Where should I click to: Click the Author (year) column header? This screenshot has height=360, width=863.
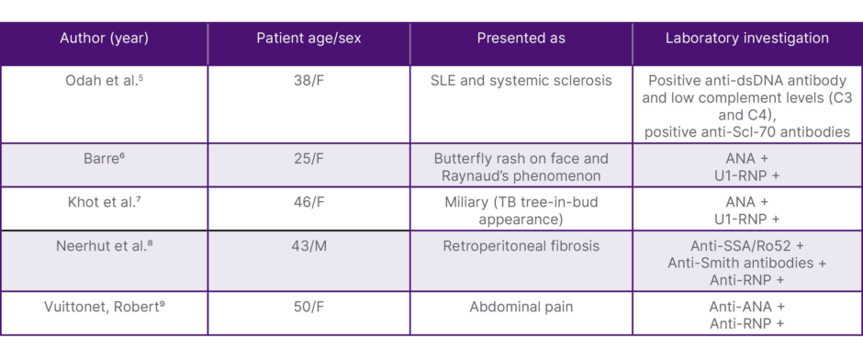click(x=104, y=39)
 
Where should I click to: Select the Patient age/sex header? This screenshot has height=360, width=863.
click(x=308, y=39)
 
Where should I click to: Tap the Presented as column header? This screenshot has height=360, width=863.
click(x=521, y=39)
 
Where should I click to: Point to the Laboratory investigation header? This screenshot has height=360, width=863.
click(x=747, y=39)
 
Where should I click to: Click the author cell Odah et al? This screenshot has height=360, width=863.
click(x=104, y=81)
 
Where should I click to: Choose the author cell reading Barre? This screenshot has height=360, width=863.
click(x=104, y=159)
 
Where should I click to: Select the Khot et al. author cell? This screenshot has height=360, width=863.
click(x=104, y=202)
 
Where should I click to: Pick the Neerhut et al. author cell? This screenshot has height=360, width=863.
click(x=104, y=245)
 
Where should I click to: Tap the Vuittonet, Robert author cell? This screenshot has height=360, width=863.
click(x=104, y=307)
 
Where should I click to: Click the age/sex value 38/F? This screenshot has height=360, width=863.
click(x=308, y=81)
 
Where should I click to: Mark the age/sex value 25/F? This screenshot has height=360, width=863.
click(x=308, y=159)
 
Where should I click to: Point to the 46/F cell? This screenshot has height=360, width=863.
click(x=308, y=202)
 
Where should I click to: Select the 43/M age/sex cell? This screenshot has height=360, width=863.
click(x=308, y=245)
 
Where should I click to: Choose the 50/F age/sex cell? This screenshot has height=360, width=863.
click(x=308, y=307)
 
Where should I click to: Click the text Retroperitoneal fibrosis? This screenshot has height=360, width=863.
click(x=521, y=245)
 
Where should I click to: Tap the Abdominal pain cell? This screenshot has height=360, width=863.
click(x=521, y=307)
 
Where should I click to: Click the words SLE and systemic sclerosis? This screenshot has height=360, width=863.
click(x=521, y=81)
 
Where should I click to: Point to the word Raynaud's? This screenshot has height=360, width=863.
click(x=472, y=176)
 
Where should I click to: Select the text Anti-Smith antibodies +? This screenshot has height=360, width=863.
click(x=747, y=264)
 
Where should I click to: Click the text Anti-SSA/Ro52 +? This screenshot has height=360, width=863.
click(x=747, y=245)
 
